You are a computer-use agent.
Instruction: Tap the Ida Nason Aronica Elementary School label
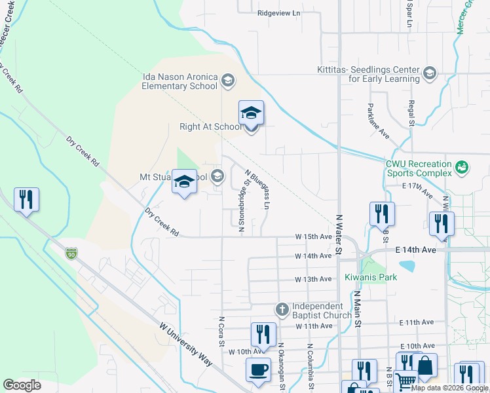[x=180, y=81]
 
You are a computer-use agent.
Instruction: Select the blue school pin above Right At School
[x=251, y=113]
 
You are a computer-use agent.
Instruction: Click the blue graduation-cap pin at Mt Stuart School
[x=184, y=181]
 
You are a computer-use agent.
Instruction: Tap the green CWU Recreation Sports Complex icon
[x=462, y=168]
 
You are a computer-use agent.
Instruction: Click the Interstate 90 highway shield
[x=70, y=253]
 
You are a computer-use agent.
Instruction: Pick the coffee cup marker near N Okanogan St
[x=258, y=369]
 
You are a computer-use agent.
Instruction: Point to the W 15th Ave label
[x=314, y=236]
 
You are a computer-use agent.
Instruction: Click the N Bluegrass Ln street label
[x=257, y=190]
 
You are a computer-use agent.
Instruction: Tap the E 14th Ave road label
[x=415, y=250]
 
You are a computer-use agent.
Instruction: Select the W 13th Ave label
[x=314, y=279]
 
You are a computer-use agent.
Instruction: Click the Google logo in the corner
[x=22, y=385]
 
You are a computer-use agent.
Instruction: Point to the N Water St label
[x=339, y=233]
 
